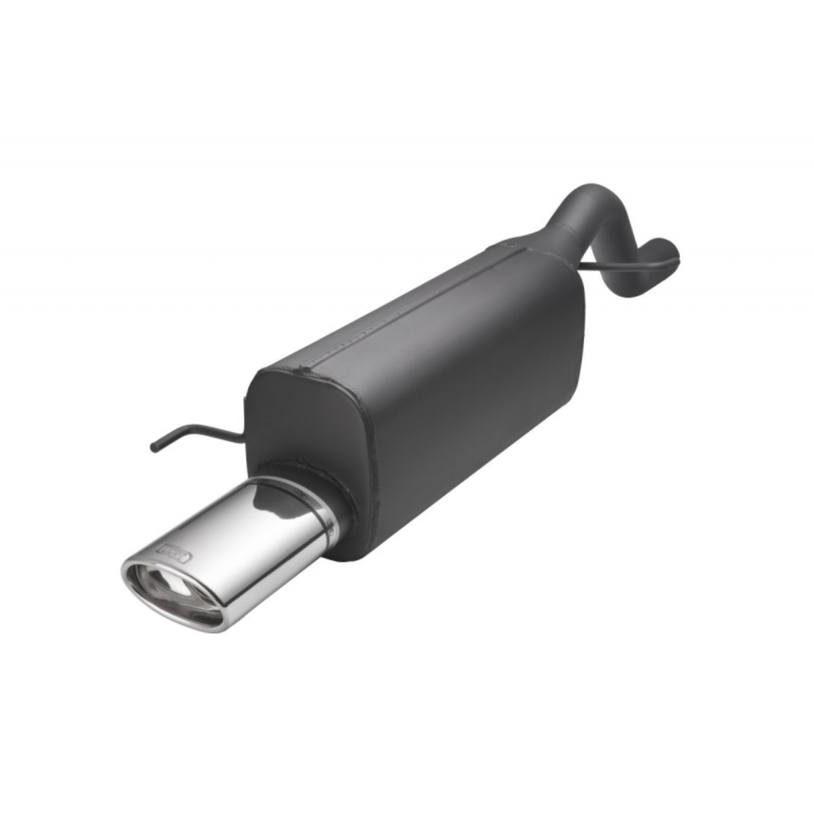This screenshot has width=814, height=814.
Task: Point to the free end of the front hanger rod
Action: [x=154, y=446]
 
